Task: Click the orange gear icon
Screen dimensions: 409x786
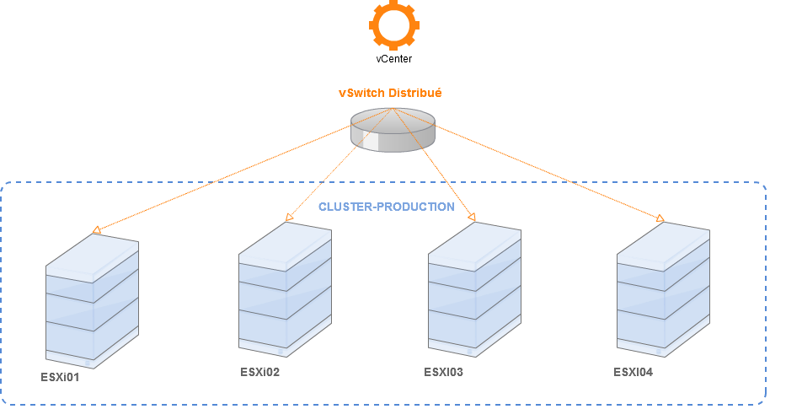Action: [393, 24]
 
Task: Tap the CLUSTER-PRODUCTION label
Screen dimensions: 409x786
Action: [386, 207]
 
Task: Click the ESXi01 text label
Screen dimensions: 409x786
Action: [61, 377]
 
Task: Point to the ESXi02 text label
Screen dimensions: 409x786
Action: [259, 372]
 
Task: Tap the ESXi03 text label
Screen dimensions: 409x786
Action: [443, 372]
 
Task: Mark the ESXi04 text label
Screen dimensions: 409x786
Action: [633, 372]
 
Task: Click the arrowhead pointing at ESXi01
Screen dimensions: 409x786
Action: [98, 229]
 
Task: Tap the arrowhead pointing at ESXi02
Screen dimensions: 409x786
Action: [290, 218]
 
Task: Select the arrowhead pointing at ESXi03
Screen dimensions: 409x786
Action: [472, 218]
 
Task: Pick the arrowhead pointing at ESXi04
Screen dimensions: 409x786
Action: [660, 220]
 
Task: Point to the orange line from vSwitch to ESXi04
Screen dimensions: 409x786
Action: [548, 172]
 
